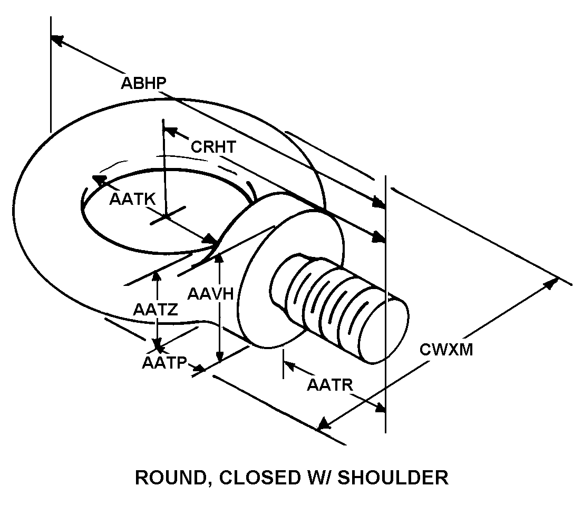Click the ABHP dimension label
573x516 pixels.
click(143, 83)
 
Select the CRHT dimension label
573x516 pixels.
click(213, 146)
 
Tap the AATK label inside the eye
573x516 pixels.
click(132, 199)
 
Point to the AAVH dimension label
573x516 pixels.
click(210, 293)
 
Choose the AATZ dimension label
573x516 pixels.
click(155, 310)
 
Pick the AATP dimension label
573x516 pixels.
click(165, 363)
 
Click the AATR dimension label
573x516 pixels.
click(329, 385)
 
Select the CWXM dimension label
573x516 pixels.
click(446, 349)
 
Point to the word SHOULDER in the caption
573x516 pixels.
click(393, 478)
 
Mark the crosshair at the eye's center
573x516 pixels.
click(166, 215)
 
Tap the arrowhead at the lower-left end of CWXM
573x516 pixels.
click(323, 424)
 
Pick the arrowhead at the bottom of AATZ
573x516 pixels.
click(157, 347)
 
